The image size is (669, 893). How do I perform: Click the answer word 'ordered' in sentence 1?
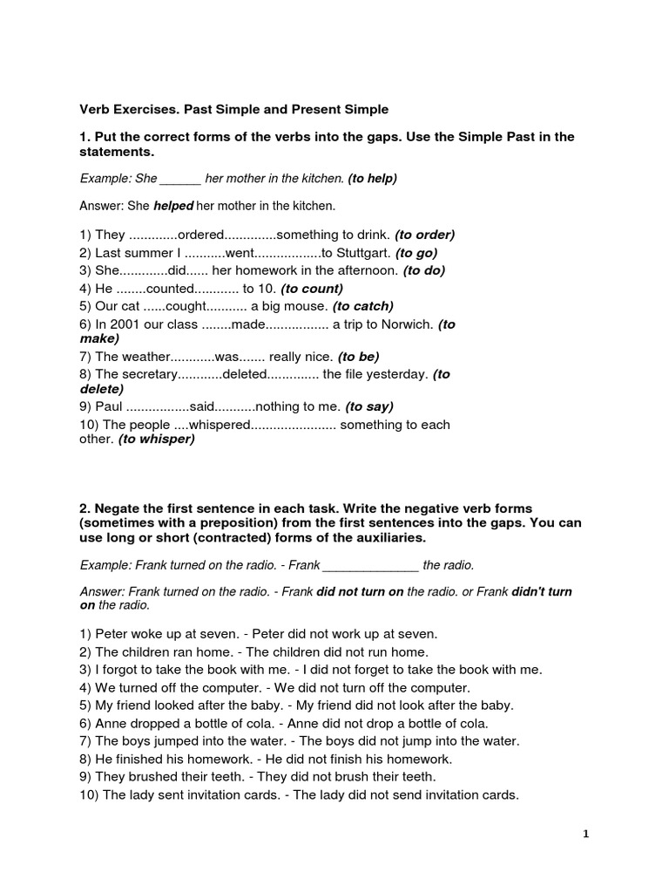click(201, 235)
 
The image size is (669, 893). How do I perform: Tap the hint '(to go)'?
click(419, 253)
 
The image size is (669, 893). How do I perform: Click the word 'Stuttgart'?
click(362, 253)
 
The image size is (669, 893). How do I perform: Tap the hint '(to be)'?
click(358, 357)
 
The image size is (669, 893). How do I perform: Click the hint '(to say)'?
click(369, 406)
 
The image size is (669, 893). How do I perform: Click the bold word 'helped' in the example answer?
click(173, 207)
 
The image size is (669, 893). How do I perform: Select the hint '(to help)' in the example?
click(372, 179)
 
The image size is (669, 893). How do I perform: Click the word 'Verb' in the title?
click(95, 109)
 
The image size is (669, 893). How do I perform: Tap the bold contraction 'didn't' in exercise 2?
click(542, 591)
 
